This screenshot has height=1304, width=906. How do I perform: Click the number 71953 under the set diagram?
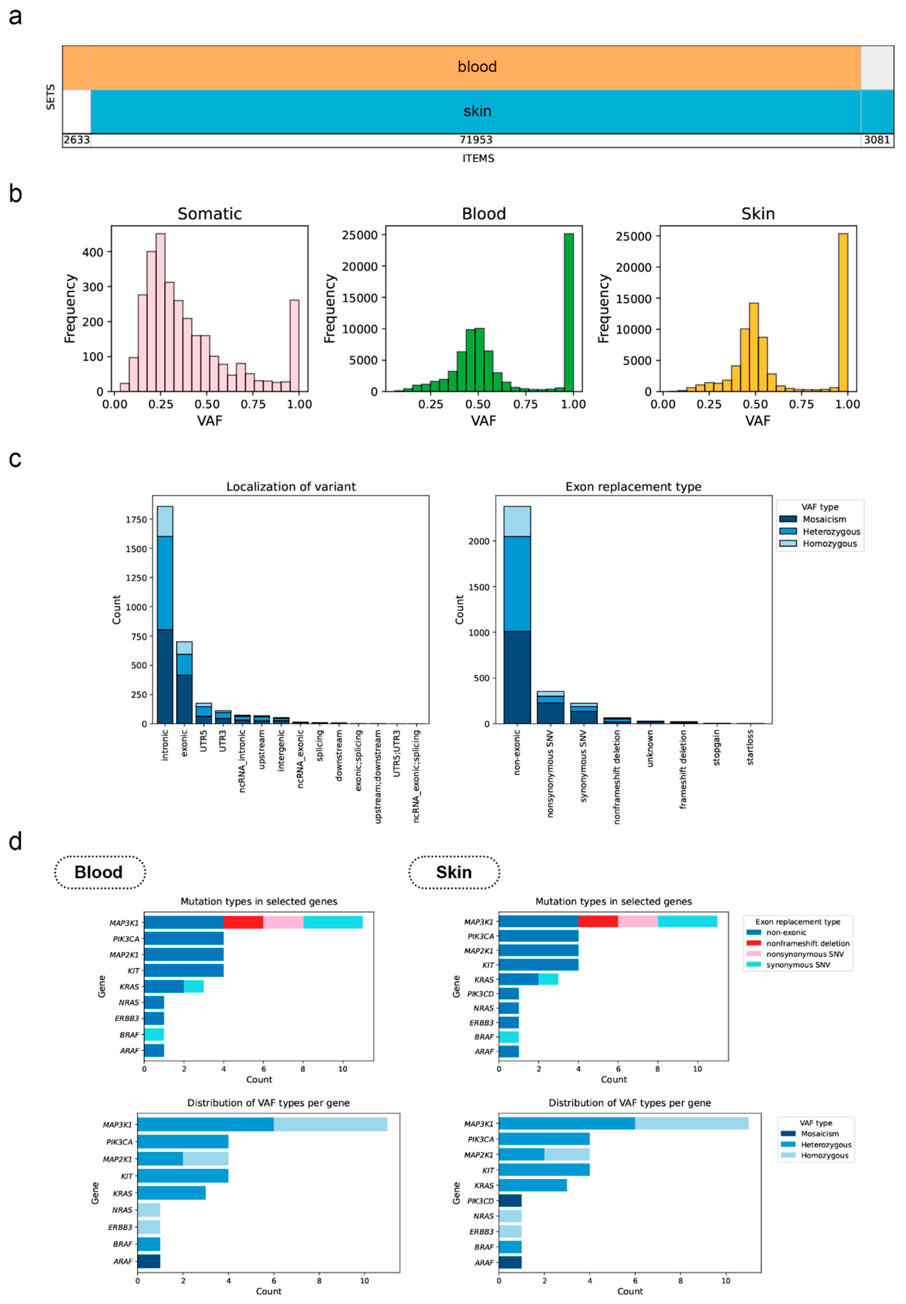[476, 140]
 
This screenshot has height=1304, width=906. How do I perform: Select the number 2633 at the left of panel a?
[76, 140]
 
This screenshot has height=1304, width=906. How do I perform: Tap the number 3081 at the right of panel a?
[876, 140]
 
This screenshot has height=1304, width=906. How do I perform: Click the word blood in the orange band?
[477, 67]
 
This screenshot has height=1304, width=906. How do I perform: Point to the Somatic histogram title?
[210, 214]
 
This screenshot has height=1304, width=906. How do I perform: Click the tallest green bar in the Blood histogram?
[568, 312]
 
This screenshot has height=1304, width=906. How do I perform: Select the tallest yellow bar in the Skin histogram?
[843, 312]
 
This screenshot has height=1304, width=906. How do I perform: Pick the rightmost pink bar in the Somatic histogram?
[294, 346]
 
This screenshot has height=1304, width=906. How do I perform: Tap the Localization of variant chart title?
[291, 486]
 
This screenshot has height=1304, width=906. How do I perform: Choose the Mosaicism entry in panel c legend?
[823, 519]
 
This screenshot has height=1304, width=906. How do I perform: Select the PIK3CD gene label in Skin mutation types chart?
[480, 994]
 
